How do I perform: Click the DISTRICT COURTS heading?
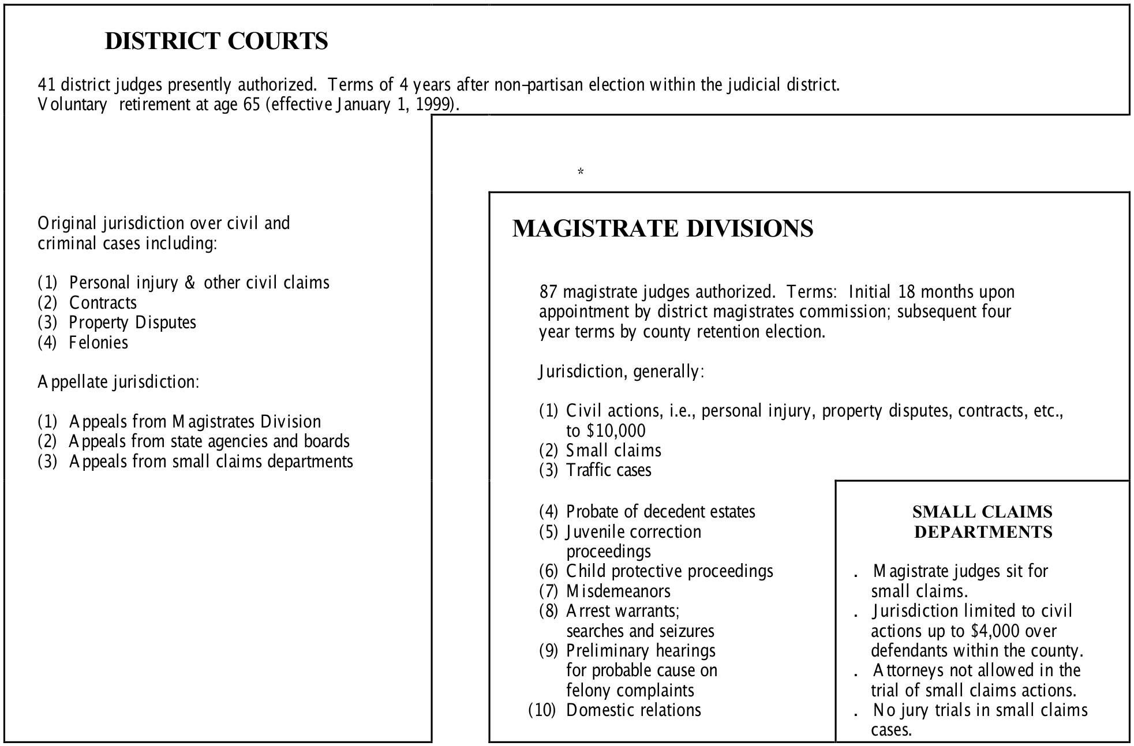point(216,41)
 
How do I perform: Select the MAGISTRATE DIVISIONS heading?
point(663,228)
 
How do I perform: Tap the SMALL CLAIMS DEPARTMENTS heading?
point(983,522)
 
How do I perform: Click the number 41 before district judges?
point(47,85)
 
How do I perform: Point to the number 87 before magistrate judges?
point(549,292)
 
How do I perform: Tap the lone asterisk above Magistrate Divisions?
point(581,172)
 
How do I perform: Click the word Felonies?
point(98,343)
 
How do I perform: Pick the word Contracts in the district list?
point(103,303)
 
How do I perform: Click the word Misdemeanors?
point(618,591)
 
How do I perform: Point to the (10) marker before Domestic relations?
point(542,710)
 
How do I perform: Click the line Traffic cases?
point(608,470)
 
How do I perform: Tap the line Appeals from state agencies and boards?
point(209,441)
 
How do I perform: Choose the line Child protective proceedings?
point(669,571)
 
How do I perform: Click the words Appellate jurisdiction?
point(118,382)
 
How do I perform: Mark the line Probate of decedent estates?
point(660,512)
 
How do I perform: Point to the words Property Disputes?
point(132,323)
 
